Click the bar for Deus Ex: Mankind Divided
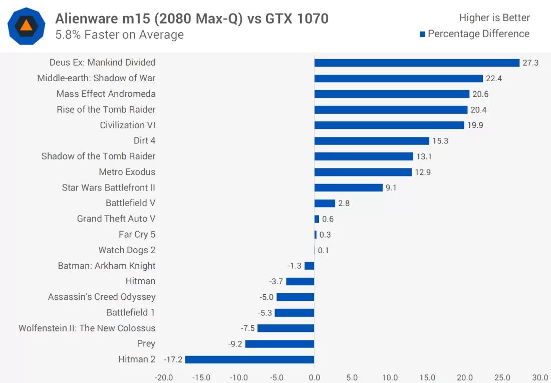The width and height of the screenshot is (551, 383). [417, 63]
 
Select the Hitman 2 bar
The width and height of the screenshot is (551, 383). [249, 359]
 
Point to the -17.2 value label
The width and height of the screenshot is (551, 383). [173, 359]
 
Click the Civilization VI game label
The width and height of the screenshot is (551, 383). [128, 125]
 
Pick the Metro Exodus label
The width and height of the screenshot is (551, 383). [127, 172]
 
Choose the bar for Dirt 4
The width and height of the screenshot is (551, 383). [372, 141]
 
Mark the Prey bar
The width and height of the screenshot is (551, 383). [280, 344]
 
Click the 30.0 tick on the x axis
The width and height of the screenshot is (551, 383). [539, 377]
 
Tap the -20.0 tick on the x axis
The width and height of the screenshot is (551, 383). [164, 377]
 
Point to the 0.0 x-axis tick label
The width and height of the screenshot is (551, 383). [314, 377]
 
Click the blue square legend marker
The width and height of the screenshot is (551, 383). [422, 34]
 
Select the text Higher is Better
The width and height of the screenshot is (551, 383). [494, 18]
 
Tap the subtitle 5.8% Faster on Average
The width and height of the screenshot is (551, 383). [119, 35]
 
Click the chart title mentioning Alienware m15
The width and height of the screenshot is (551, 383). [192, 19]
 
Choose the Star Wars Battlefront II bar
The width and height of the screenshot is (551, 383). [349, 187]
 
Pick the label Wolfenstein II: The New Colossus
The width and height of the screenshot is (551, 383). [87, 328]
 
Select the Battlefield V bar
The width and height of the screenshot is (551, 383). [325, 203]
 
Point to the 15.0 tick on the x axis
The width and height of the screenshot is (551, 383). [427, 377]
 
